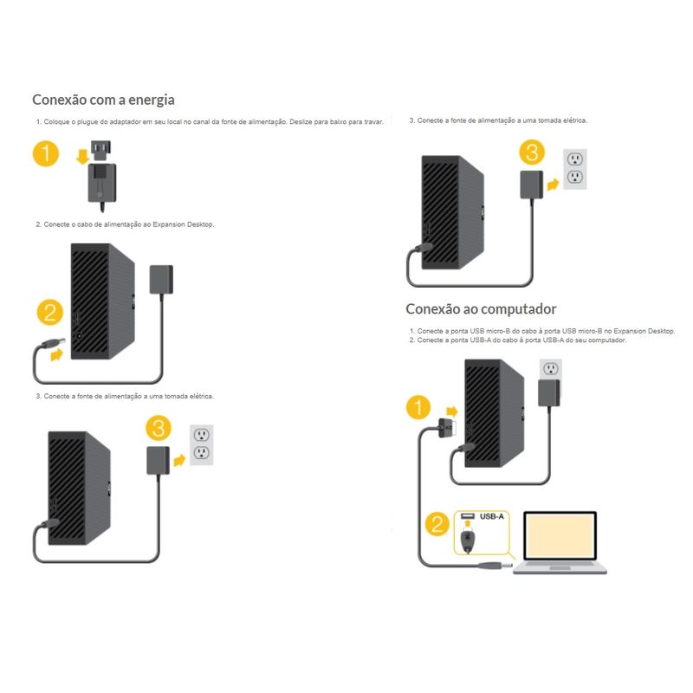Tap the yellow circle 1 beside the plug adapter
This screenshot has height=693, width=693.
46,156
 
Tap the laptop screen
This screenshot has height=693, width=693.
559,538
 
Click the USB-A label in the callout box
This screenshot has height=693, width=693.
490,518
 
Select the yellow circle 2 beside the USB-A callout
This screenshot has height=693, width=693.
438,524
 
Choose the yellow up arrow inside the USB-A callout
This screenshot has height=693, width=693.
467,520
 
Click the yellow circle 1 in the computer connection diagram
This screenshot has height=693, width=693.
418,407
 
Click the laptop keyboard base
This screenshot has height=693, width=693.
560,569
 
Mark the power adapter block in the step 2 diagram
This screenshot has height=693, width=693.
162,281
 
